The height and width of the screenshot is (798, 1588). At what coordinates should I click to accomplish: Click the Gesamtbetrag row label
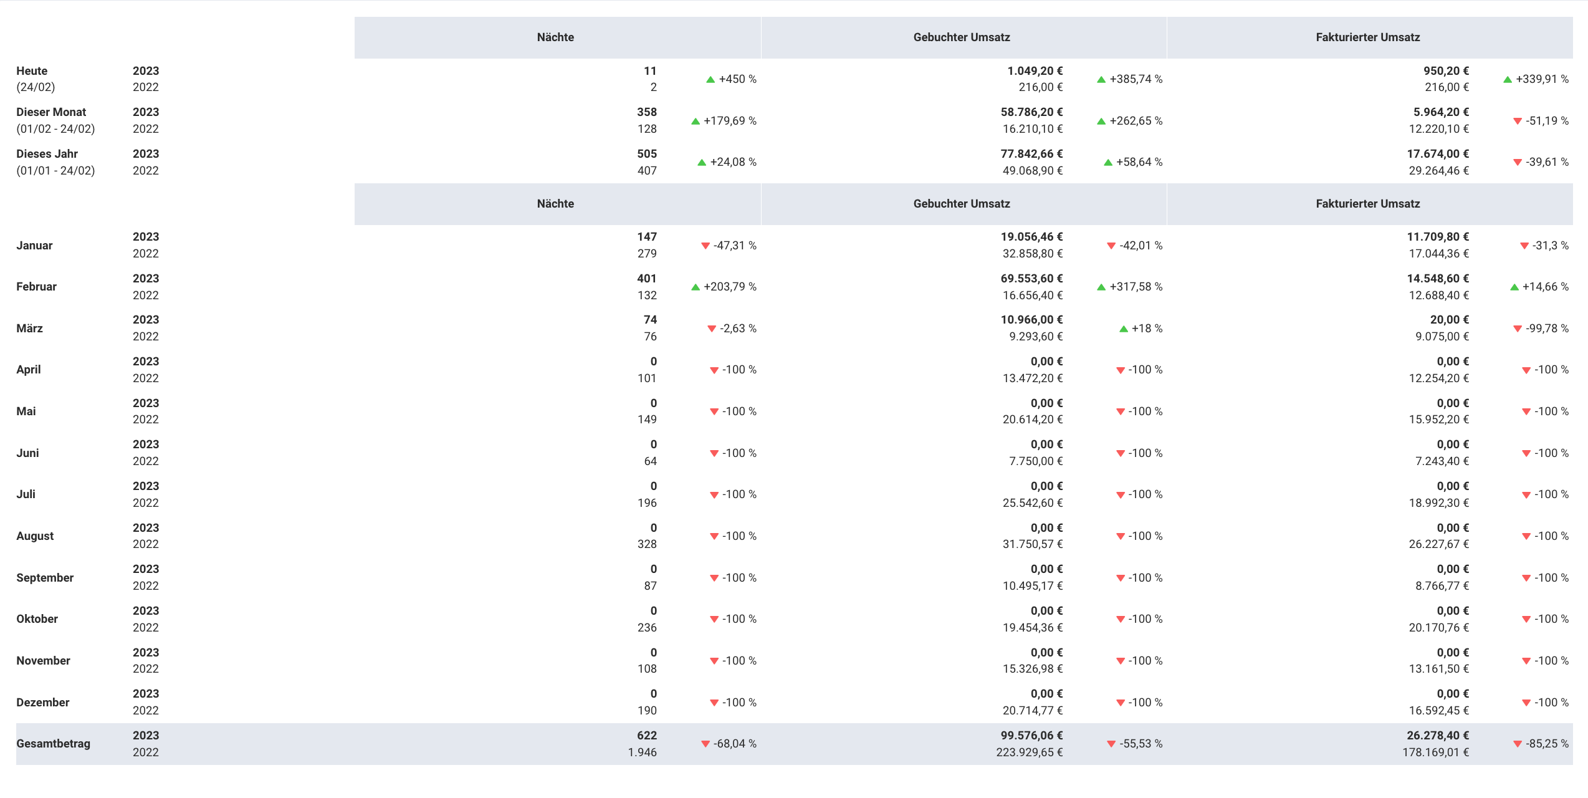tap(53, 744)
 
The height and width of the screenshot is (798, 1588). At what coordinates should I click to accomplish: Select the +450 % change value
tap(737, 79)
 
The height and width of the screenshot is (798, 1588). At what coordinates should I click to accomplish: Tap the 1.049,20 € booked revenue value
tap(1035, 71)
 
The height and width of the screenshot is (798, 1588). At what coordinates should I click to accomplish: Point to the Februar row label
tap(36, 287)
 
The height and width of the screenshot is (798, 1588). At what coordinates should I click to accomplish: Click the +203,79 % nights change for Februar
tap(730, 287)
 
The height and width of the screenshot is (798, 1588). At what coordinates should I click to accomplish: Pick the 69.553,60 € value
tap(1031, 279)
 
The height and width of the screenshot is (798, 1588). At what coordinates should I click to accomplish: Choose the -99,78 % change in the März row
tap(1547, 329)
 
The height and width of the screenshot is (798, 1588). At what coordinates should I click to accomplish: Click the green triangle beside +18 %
tap(1123, 329)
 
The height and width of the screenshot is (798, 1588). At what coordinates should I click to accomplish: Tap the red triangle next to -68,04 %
tap(705, 744)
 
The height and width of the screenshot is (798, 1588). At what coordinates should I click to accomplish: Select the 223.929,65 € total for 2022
tap(1029, 752)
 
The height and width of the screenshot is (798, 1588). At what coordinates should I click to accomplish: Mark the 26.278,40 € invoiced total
tap(1437, 736)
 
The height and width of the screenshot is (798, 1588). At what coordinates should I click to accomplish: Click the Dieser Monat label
tap(51, 112)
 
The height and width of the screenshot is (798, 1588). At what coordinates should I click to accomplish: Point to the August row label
tap(35, 536)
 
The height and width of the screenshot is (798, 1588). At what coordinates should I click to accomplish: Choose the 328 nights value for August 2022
tap(647, 544)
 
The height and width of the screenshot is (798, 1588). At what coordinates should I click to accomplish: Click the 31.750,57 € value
tap(1032, 544)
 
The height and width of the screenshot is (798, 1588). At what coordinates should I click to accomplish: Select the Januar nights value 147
tap(647, 237)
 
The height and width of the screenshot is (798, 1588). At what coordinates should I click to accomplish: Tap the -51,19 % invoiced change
tap(1547, 121)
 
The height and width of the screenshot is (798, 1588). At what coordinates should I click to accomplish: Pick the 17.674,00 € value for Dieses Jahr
tap(1437, 154)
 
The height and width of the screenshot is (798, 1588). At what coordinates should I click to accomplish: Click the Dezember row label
tap(42, 703)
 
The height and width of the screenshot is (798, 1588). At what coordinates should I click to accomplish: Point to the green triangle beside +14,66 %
tap(1514, 287)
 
